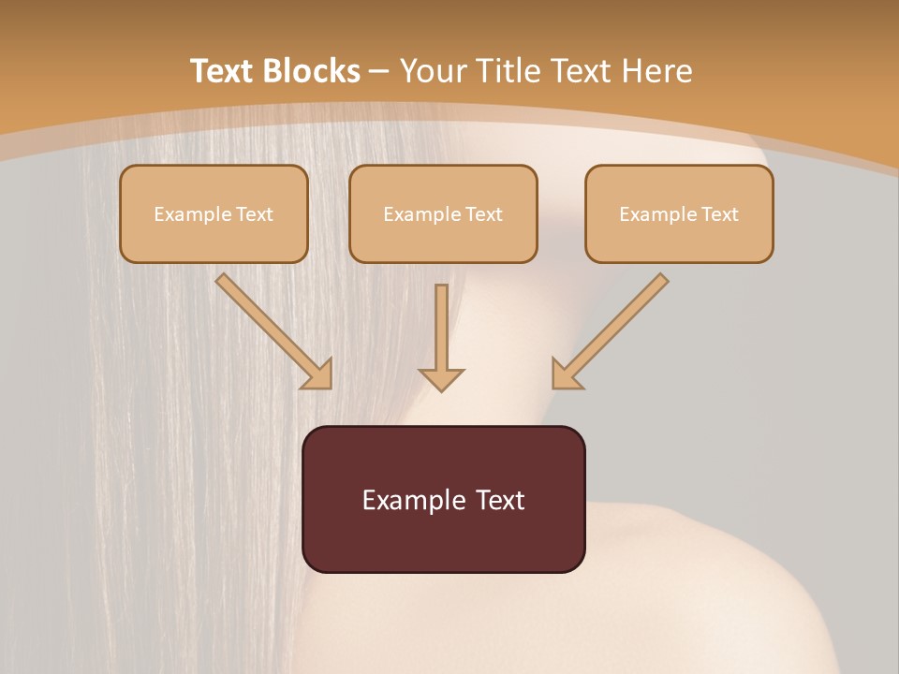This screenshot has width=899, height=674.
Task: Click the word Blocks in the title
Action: pyautogui.click(x=311, y=71)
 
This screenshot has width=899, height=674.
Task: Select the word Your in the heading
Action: pyautogui.click(x=432, y=71)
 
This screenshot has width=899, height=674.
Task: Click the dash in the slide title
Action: pyautogui.click(x=379, y=72)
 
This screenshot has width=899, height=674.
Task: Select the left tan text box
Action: pyautogui.click(x=214, y=213)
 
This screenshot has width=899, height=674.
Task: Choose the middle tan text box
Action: pyautogui.click(x=443, y=213)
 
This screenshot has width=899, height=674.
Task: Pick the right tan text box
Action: pyautogui.click(x=679, y=213)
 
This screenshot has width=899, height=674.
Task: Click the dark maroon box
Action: pyautogui.click(x=443, y=499)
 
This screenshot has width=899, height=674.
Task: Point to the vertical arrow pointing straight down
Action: pyautogui.click(x=441, y=337)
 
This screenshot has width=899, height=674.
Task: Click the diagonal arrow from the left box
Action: pyautogui.click(x=272, y=330)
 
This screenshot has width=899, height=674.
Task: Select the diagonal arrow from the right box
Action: pyautogui.click(x=611, y=330)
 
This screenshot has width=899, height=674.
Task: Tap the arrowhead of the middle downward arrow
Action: pyautogui.click(x=441, y=378)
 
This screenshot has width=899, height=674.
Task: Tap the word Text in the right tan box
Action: pyautogui.click(x=718, y=214)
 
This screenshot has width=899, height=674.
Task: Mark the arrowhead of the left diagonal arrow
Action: pyautogui.click(x=317, y=374)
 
